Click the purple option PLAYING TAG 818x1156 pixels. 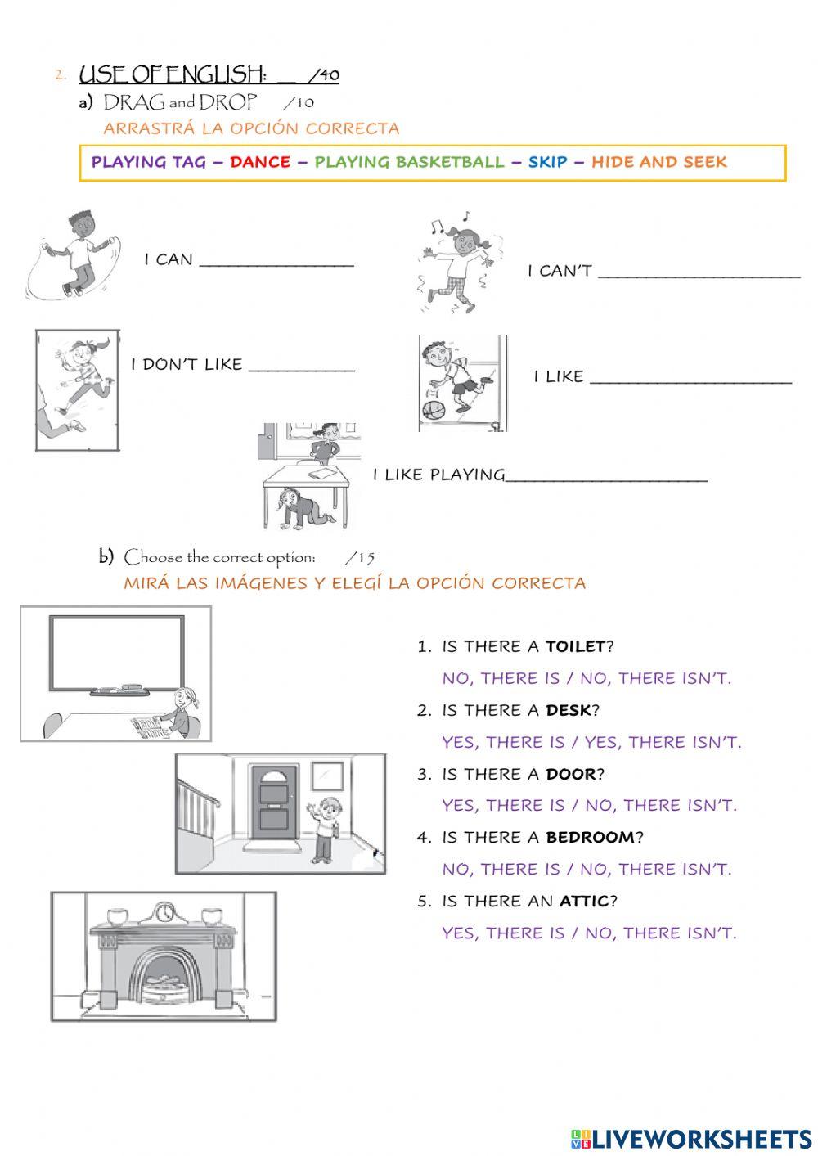click(148, 162)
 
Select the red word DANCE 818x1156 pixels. click(259, 162)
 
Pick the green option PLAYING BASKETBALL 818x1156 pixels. click(409, 162)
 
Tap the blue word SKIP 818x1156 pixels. click(547, 162)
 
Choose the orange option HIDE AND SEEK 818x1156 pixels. click(658, 162)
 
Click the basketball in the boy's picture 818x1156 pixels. click(433, 408)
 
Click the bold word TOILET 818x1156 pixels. click(575, 646)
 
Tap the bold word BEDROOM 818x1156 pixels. click(590, 837)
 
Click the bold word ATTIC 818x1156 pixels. click(584, 901)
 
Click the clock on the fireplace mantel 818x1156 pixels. click(164, 911)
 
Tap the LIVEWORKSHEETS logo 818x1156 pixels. click(691, 1138)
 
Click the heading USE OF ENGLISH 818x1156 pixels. click(172, 75)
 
